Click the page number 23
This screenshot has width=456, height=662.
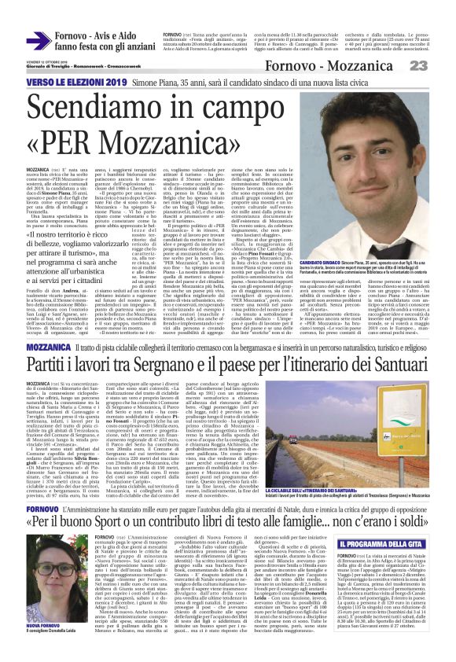tap(439, 66)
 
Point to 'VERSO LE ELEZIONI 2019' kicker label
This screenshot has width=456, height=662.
tap(62, 81)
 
